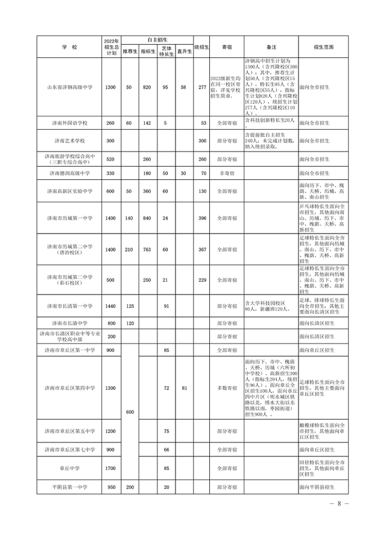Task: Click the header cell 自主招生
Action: (x=157, y=39)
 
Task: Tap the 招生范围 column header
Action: (x=324, y=46)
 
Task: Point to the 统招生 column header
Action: (x=202, y=46)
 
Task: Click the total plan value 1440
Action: (x=110, y=306)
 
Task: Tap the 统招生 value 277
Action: (x=202, y=88)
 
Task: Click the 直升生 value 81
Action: (x=185, y=388)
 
